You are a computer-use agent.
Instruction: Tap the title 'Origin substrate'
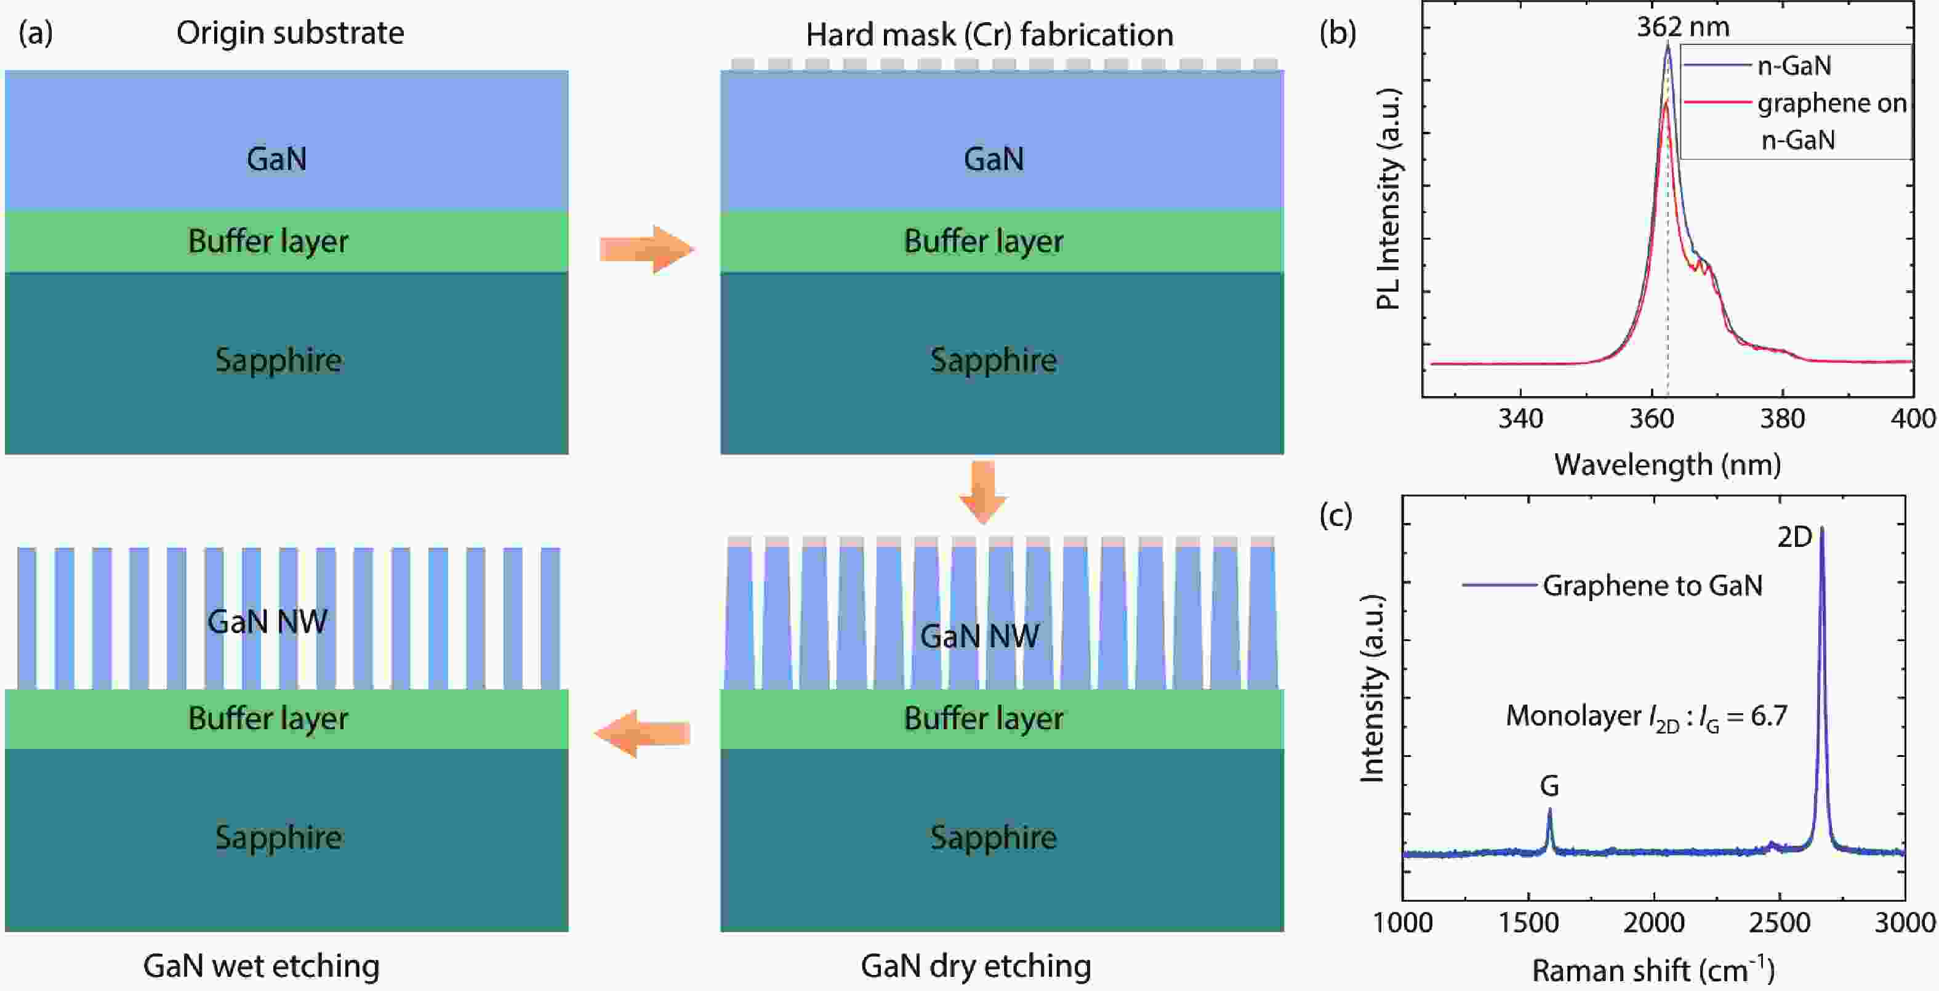[x=290, y=33]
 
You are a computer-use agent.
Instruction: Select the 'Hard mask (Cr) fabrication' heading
[x=989, y=34]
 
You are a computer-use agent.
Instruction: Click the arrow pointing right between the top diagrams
[x=646, y=249]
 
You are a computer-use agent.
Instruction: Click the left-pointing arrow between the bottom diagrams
[x=642, y=734]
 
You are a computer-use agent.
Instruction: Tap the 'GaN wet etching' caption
[x=261, y=965]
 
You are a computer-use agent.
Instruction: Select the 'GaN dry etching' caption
[x=976, y=965]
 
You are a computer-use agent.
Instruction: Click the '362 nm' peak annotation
[x=1683, y=27]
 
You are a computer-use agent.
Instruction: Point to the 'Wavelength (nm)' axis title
[x=1668, y=464]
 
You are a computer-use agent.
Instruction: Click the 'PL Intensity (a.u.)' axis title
[x=1388, y=199]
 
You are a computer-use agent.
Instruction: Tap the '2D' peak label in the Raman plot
[x=1794, y=537]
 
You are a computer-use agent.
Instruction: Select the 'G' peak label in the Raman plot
[x=1549, y=786]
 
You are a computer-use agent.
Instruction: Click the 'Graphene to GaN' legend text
[x=1653, y=585]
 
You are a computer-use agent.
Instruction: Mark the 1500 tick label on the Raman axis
[x=1528, y=923]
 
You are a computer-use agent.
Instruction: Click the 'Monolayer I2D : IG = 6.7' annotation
[x=1646, y=717]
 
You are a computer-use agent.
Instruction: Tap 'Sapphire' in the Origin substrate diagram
[x=278, y=360]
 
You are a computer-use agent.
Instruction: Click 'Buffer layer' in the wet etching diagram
[x=268, y=718]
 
